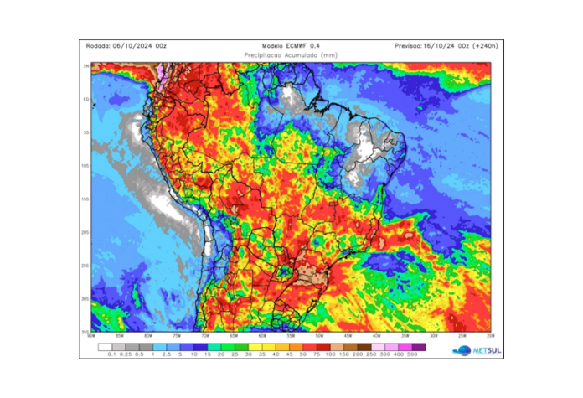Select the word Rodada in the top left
[100, 45]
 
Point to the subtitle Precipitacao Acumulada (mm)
[291, 54]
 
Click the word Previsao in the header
[410, 45]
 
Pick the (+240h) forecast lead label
[480, 45]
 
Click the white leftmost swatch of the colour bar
[105, 345]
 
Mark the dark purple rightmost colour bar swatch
[420, 345]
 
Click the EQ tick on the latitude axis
[86, 99]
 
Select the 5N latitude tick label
[86, 65]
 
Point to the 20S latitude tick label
[86, 232]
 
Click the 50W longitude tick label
[320, 335]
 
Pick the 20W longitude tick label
[489, 335]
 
